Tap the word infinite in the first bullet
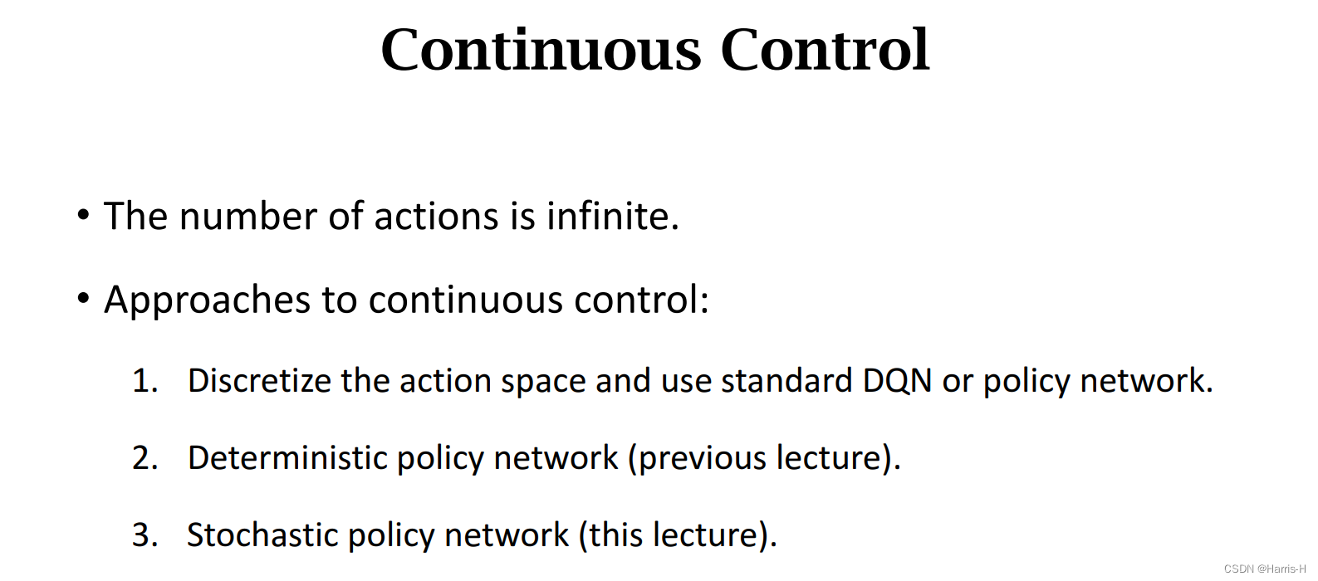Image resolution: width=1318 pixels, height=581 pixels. (x=612, y=217)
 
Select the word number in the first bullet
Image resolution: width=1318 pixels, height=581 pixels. (x=248, y=217)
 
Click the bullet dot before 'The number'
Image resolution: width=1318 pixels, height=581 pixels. (x=83, y=215)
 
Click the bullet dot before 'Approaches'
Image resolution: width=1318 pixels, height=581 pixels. (x=83, y=298)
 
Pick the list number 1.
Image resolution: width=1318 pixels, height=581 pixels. (x=144, y=381)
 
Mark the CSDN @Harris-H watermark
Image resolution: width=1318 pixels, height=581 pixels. (x=1264, y=569)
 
